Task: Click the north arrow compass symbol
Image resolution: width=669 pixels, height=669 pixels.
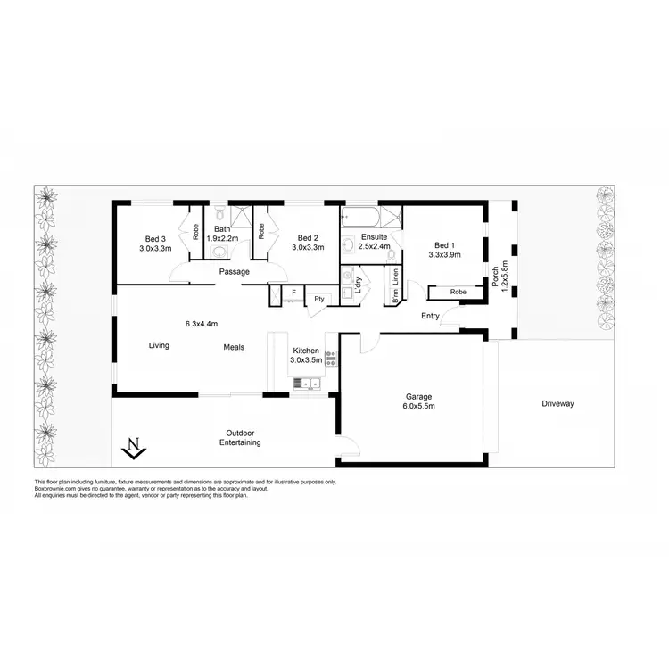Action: tap(133, 448)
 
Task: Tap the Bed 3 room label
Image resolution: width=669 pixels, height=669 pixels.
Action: tap(155, 244)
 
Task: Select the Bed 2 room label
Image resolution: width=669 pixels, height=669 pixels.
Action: tap(308, 243)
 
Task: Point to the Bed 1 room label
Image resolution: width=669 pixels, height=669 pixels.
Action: tap(444, 250)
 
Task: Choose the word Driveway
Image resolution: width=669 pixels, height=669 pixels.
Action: tap(557, 404)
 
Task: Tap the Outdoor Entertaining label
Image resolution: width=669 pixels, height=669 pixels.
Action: tap(240, 437)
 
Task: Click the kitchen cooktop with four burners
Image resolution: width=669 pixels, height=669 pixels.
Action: tap(330, 359)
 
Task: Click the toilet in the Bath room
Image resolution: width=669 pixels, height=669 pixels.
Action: tap(219, 214)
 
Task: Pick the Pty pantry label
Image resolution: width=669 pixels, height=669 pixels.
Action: tap(318, 300)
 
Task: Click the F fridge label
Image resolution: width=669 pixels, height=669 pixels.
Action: tap(293, 292)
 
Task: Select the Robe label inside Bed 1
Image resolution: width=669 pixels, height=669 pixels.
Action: tap(458, 292)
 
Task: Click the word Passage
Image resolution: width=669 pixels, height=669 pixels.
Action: tap(235, 271)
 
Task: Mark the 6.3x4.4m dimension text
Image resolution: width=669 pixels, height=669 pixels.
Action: tap(202, 323)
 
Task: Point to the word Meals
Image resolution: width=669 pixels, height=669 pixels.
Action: tap(234, 347)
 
